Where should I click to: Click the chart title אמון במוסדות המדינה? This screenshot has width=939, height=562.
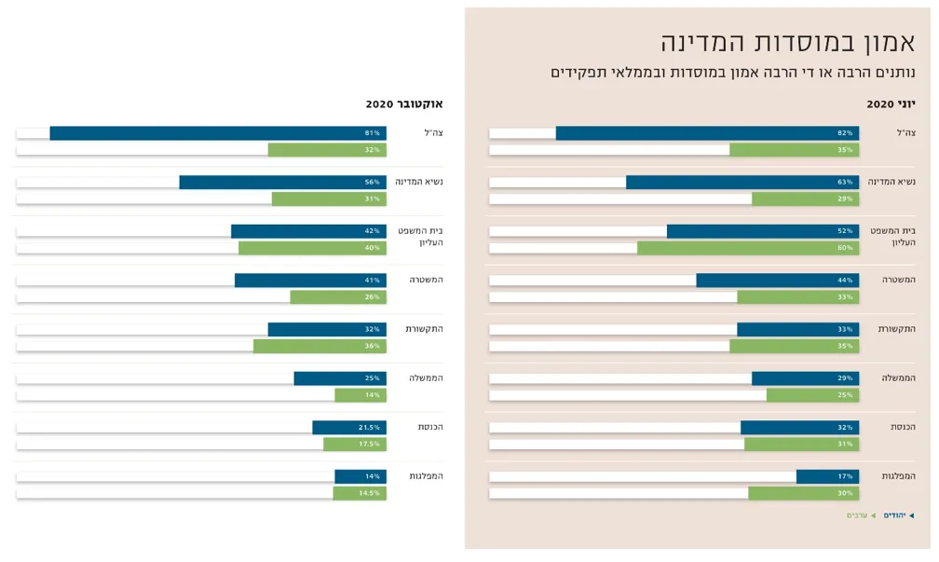click(788, 42)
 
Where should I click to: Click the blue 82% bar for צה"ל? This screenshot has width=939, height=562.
click(707, 133)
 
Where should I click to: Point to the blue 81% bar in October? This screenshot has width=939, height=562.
click(218, 133)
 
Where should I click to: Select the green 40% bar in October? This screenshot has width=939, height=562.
click(312, 248)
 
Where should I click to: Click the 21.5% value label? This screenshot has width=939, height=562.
click(369, 427)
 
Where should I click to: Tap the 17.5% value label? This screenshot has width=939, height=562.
click(369, 445)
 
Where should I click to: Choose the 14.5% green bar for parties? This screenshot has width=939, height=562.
click(360, 493)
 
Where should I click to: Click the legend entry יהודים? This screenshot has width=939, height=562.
click(895, 515)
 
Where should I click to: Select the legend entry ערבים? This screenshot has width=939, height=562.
click(857, 515)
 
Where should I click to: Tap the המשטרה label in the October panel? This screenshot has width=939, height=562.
click(426, 280)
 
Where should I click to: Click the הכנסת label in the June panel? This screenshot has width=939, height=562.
click(902, 427)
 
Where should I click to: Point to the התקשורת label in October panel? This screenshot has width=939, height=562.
click(424, 329)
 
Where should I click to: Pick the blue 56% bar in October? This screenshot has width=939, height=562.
click(282, 182)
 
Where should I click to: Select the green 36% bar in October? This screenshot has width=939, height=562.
click(320, 346)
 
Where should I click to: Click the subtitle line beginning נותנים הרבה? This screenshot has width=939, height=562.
click(732, 73)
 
